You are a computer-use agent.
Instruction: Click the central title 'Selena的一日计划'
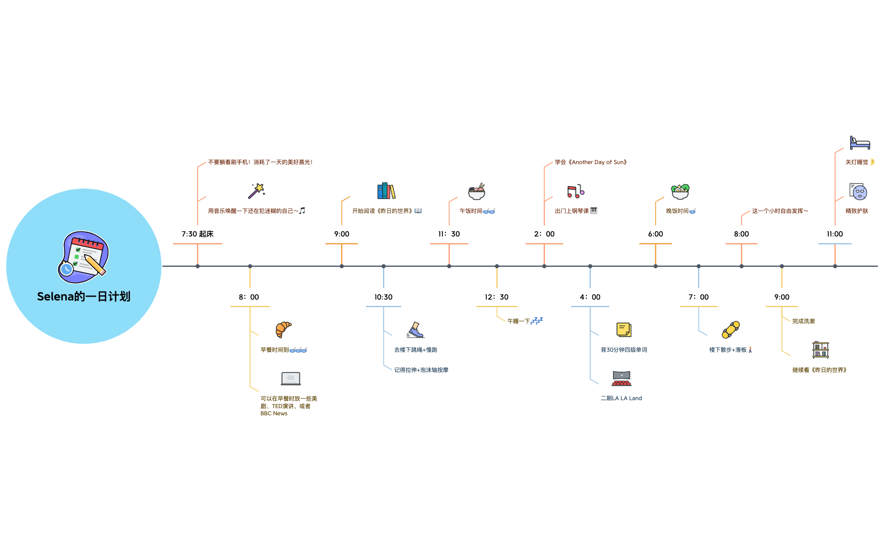(84, 297)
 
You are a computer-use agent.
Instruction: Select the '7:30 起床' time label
(198, 234)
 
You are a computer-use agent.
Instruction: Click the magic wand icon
(256, 191)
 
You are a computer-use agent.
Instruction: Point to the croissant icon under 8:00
(283, 329)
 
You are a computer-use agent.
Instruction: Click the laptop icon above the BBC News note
(291, 379)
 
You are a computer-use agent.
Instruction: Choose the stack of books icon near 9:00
(386, 191)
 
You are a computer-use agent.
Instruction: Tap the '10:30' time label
(383, 297)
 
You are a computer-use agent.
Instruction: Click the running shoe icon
(415, 330)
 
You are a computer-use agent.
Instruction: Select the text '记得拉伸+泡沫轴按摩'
(421, 370)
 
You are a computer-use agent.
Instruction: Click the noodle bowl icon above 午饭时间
(476, 191)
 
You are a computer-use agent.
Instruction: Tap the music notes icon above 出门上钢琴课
(576, 191)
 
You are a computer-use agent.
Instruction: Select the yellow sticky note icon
(624, 329)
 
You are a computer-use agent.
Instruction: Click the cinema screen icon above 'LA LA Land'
(621, 378)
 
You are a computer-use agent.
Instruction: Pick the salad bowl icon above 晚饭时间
(680, 191)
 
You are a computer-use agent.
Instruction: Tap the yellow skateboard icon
(731, 329)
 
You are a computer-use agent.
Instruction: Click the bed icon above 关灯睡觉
(860, 143)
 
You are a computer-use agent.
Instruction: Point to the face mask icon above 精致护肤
(858, 191)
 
